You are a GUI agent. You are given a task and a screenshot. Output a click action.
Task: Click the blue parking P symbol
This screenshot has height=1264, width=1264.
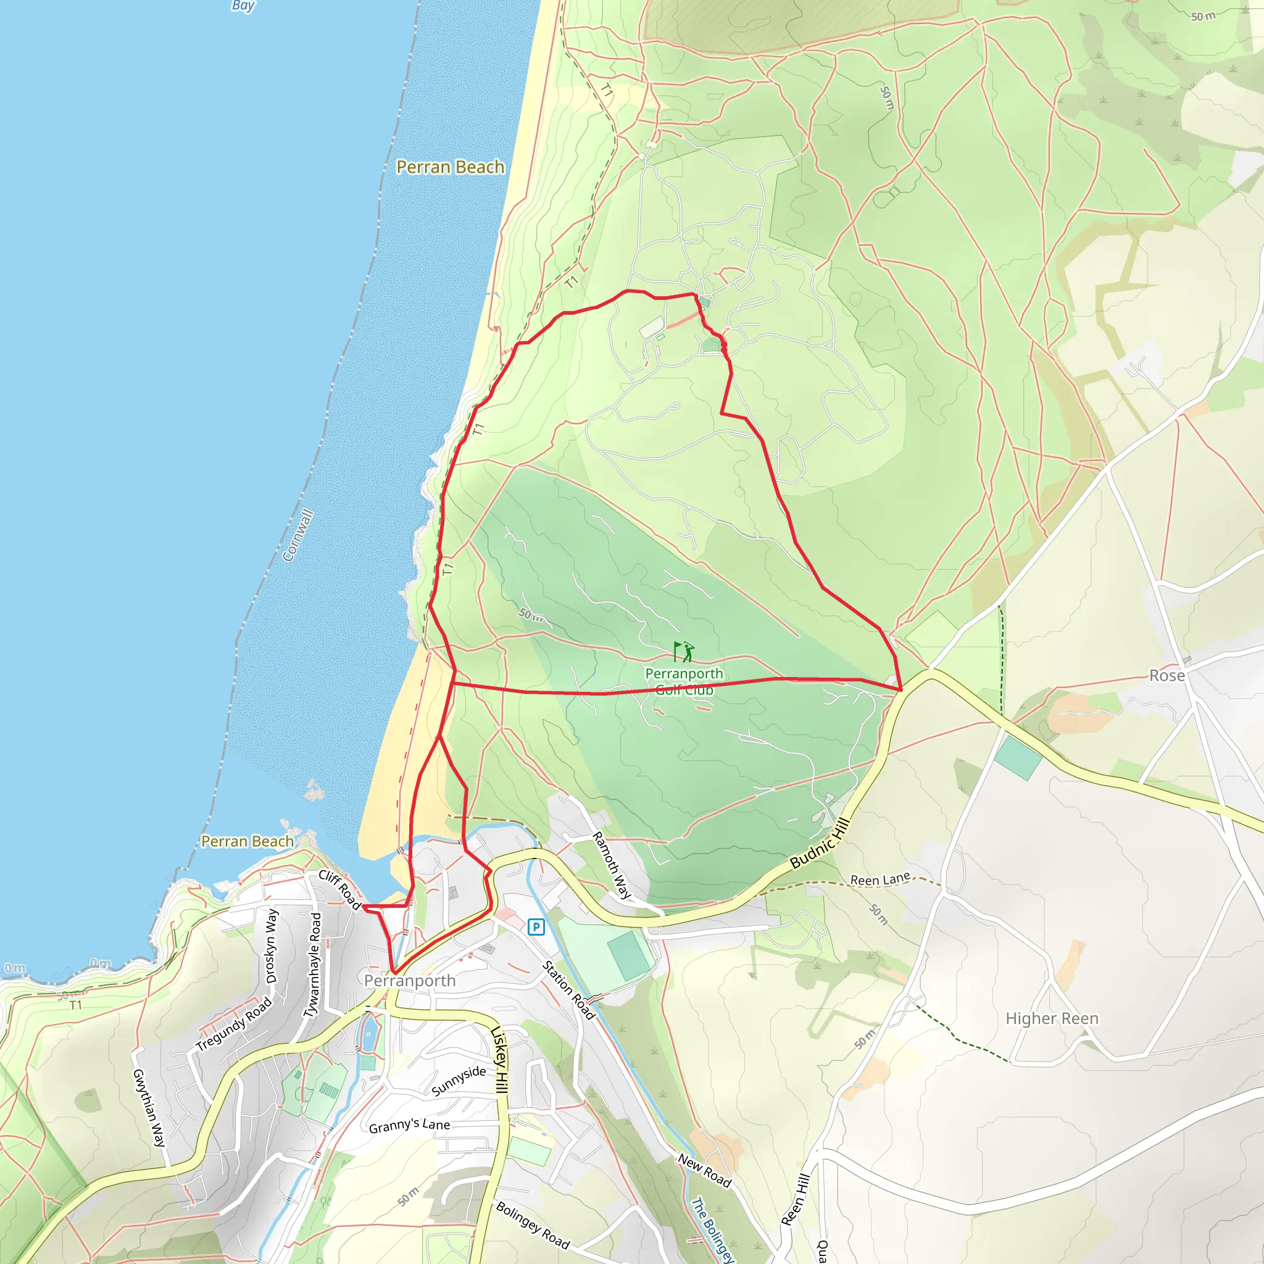click(536, 926)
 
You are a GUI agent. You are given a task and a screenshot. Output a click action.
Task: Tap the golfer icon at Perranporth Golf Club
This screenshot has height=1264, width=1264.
click(684, 652)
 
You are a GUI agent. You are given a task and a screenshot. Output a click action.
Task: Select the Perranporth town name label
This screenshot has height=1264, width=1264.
click(410, 980)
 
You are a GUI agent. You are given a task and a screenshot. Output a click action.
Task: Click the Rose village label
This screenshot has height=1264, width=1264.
click(1167, 676)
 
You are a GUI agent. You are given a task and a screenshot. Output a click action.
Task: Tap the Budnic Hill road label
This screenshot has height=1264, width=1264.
click(820, 844)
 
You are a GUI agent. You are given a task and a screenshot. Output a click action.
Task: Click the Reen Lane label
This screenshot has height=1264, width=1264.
click(880, 880)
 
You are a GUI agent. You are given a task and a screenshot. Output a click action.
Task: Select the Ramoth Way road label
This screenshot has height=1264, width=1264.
click(611, 865)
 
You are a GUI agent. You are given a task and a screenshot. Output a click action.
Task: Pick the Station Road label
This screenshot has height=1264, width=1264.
click(568, 991)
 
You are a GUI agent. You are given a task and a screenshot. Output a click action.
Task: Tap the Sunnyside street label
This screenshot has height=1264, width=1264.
click(459, 1080)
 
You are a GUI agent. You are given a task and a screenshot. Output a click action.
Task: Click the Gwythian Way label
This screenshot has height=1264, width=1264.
click(149, 1108)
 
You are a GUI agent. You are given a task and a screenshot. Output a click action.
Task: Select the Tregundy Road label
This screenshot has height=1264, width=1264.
click(233, 1024)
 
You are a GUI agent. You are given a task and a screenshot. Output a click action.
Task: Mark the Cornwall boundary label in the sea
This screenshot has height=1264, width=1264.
click(297, 535)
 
